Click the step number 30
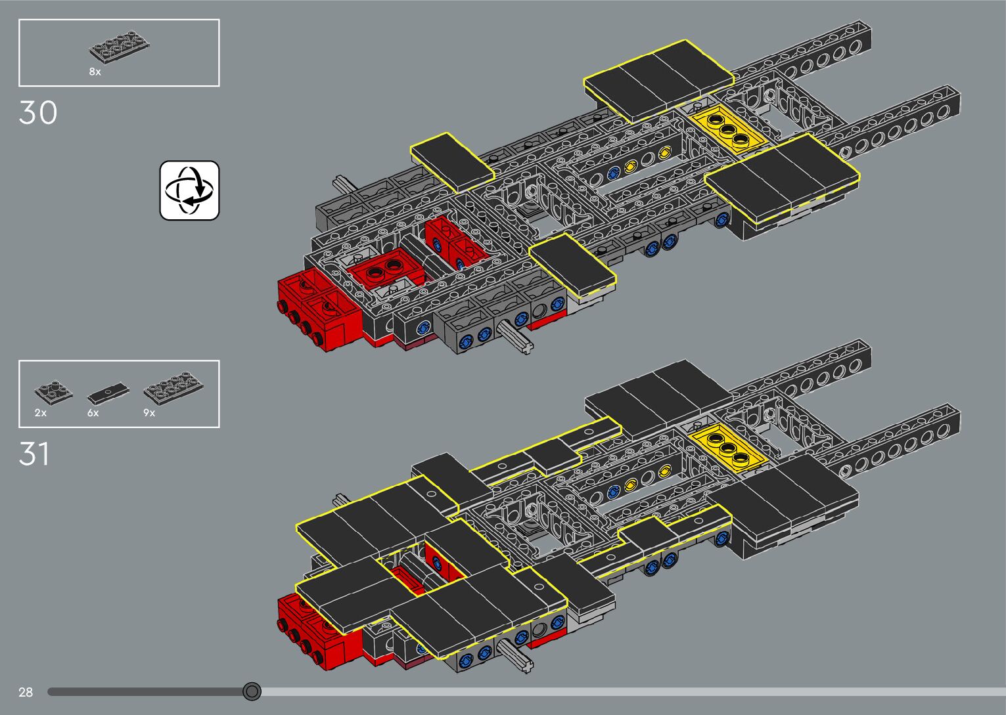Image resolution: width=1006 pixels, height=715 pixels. point(38,113)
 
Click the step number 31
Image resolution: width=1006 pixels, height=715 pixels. point(34,454)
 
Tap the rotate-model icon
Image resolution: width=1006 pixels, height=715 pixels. point(189,190)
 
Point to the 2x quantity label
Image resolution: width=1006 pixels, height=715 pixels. point(41,413)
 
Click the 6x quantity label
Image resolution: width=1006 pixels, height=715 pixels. point(93,413)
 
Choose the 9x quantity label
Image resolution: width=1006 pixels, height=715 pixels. point(149,413)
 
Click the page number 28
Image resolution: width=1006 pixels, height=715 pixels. point(26,692)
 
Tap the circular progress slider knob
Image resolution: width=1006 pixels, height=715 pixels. point(252,691)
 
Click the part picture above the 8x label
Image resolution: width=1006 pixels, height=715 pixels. point(119,49)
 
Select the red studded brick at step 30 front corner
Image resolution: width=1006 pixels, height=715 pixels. point(309,309)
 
